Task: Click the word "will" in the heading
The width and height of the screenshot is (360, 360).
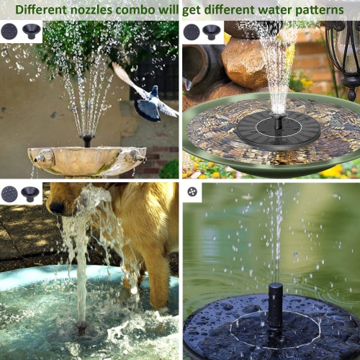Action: pos(181,11)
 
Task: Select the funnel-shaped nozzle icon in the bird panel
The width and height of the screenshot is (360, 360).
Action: pos(31,31)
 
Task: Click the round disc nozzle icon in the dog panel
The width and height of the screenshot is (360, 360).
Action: pos(9,193)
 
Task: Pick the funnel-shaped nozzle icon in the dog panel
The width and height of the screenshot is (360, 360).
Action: pos(30,193)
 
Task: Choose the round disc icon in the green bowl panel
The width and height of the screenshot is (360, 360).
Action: pos(192,32)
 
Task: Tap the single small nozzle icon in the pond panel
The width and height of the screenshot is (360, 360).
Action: pos(193,192)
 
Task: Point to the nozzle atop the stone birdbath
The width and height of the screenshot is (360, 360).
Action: pos(87,139)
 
